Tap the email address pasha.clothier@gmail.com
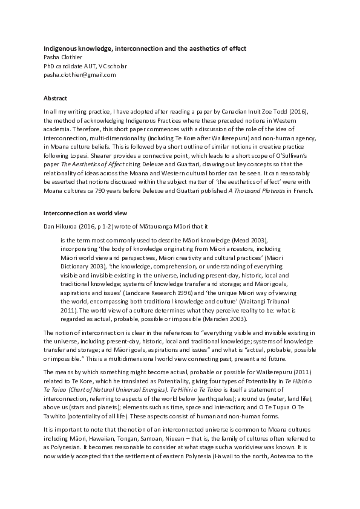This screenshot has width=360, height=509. point(79,75)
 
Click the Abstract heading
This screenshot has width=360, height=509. point(55,98)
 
